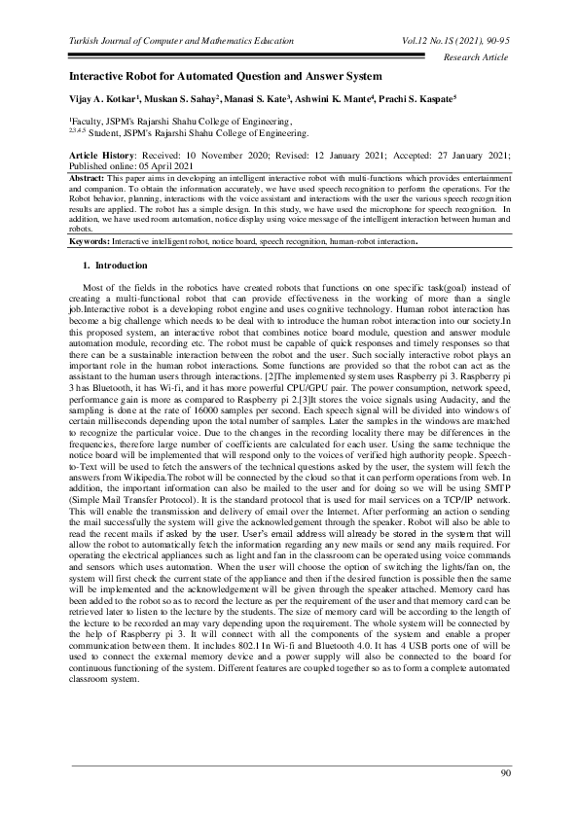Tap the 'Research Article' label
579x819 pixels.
click(x=476, y=58)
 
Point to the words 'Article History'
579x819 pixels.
click(x=105, y=156)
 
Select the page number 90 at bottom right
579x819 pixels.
click(x=505, y=773)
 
